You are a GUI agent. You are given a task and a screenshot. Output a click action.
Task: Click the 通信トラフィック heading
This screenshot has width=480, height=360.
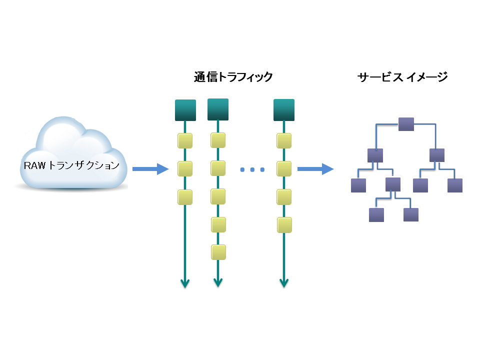click(x=233, y=77)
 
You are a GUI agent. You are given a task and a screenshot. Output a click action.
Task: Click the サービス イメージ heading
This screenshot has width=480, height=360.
click(x=402, y=77)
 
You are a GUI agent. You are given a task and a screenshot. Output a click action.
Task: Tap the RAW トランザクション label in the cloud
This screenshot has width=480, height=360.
click(x=71, y=165)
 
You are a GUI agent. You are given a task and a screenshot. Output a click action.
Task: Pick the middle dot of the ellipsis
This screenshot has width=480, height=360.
click(x=252, y=170)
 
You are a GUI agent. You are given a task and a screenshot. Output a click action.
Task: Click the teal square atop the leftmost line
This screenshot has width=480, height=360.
click(x=185, y=110)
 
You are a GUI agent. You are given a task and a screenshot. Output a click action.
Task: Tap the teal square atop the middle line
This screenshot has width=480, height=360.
click(x=217, y=109)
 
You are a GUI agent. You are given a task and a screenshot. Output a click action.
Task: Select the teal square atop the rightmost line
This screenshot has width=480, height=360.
click(x=284, y=110)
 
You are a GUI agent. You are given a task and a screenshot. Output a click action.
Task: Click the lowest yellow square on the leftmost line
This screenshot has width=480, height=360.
click(x=185, y=197)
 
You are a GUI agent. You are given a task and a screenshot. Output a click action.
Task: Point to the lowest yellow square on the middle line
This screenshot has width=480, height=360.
click(x=218, y=251)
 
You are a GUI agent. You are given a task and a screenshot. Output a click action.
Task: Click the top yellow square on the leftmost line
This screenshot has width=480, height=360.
click(x=185, y=140)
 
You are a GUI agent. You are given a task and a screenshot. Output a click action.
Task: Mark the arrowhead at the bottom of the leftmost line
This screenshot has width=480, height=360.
click(x=185, y=283)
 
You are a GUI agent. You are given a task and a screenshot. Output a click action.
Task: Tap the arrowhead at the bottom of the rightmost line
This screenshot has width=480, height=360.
click(x=284, y=283)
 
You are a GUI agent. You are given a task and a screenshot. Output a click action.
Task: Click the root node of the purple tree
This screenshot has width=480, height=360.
click(x=406, y=124)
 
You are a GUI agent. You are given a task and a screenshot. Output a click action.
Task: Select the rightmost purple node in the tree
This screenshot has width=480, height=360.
click(x=455, y=185)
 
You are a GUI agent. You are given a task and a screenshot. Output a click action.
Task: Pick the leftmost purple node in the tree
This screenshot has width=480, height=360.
click(x=358, y=185)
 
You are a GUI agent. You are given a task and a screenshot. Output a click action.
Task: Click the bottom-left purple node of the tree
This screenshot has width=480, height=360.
click(x=376, y=215)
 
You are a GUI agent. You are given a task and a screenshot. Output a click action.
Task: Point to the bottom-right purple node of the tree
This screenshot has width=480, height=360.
click(x=410, y=215)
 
